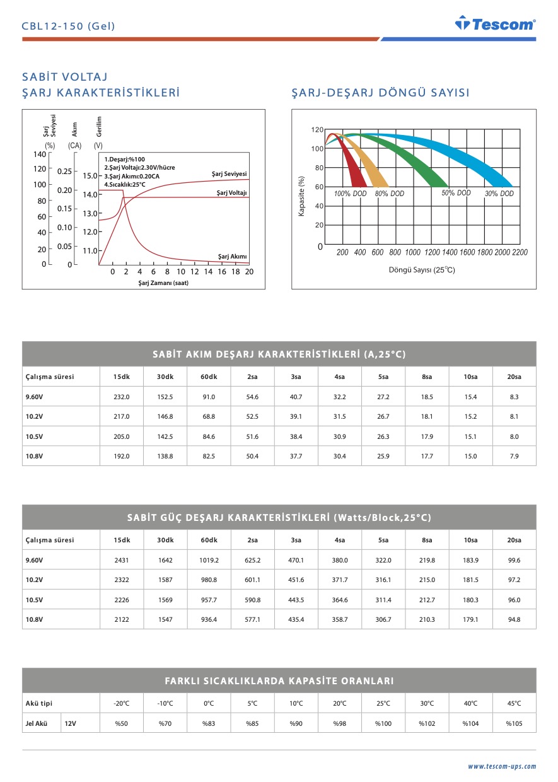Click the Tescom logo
(495, 24)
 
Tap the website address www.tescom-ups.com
(501, 766)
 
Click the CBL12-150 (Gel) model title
(69, 26)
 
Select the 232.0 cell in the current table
(122, 397)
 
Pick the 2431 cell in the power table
(122, 560)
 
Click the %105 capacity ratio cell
(514, 723)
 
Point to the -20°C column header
(122, 703)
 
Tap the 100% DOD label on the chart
(350, 194)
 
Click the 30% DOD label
(499, 194)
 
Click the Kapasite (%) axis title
(301, 197)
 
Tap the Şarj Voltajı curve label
(231, 192)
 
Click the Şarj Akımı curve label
(232, 256)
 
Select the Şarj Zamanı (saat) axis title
(163, 283)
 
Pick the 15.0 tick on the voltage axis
(90, 175)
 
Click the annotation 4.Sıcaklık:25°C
(125, 184)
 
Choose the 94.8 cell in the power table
(514, 619)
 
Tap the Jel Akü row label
(37, 723)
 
